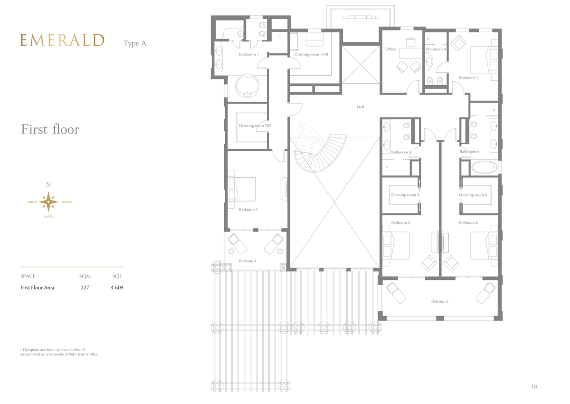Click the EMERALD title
click(62, 40)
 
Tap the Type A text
click(135, 44)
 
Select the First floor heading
click(50, 129)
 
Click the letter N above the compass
click(48, 184)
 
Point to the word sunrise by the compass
click(67, 202)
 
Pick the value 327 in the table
click(85, 288)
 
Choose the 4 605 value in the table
click(117, 288)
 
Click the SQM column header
click(85, 276)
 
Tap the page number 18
click(534, 387)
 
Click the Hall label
click(360, 107)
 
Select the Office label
click(390, 49)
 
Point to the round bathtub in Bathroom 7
click(247, 86)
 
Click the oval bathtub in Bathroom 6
click(484, 167)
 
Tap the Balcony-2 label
click(440, 301)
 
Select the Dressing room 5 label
click(405, 195)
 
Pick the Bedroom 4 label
click(468, 77)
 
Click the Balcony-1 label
click(247, 261)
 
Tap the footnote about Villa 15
click(59, 352)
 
